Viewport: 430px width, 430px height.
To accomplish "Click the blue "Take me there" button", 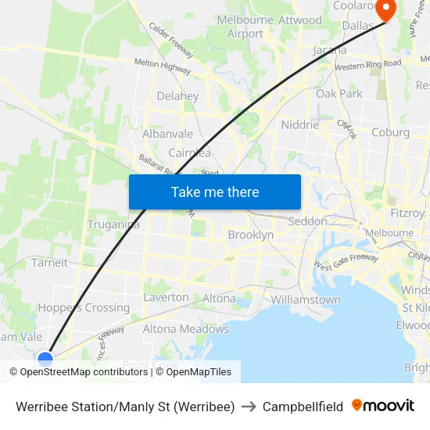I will point(214,192).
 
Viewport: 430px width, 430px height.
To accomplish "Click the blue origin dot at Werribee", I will point(46,360).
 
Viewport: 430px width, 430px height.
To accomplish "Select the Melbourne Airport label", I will point(245,27).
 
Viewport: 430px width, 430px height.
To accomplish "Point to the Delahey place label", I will point(177,96).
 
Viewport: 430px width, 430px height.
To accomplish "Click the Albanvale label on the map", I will point(167,134).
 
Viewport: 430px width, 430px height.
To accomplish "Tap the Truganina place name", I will point(113,224).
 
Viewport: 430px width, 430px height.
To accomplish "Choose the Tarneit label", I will point(49,263).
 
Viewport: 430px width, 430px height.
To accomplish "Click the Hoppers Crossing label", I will point(84,307).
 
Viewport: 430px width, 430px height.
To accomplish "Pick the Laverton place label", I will point(166,297).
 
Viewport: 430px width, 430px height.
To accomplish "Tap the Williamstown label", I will point(306,299).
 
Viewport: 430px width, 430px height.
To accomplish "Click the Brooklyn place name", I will point(250,235).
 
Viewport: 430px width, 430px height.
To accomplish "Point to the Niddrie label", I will point(300,124).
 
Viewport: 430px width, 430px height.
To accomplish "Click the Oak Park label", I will point(339,94).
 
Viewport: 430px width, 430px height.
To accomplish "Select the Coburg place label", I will point(391,132).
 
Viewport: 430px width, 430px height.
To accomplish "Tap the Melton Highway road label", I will point(163,68).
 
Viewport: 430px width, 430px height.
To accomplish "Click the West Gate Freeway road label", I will point(346,263).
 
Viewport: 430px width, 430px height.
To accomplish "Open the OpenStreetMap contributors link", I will point(84,372).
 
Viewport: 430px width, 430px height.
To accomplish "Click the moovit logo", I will point(383,406).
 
